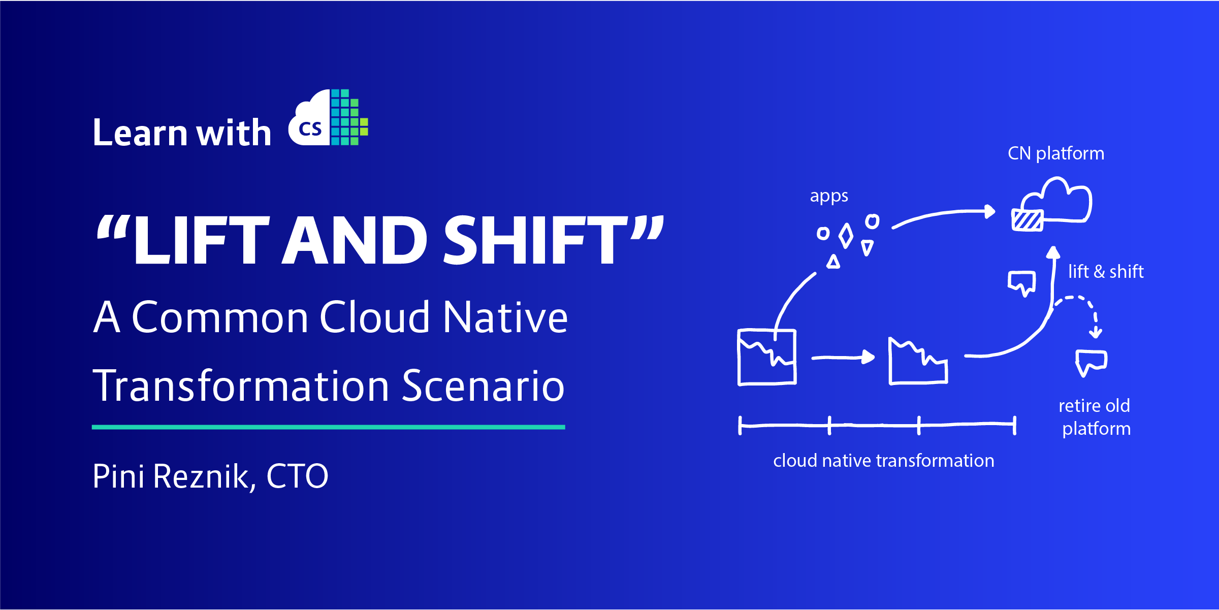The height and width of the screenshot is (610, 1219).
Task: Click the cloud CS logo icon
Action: click(x=328, y=118)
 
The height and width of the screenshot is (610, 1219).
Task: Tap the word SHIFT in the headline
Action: click(x=536, y=241)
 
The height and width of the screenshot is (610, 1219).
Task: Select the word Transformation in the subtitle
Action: click(x=241, y=386)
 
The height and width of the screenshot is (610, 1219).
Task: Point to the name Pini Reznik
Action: click(x=170, y=476)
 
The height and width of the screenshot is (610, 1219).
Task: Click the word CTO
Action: click(x=297, y=476)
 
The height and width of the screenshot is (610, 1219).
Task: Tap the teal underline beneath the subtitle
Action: click(x=328, y=427)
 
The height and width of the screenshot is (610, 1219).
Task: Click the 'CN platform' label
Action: click(x=1055, y=153)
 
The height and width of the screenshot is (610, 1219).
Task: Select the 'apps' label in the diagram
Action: click(x=829, y=197)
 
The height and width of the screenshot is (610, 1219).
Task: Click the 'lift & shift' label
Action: click(x=1106, y=272)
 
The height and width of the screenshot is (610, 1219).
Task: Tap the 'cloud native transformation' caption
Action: click(x=883, y=461)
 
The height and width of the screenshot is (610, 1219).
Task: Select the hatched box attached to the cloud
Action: click(x=1027, y=220)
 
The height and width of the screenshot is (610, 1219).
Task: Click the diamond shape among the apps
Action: click(x=846, y=236)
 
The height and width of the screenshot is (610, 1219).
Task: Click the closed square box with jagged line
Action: click(x=767, y=357)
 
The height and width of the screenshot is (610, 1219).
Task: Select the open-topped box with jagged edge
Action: click(x=918, y=363)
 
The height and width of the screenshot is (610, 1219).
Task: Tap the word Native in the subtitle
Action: click(x=505, y=317)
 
